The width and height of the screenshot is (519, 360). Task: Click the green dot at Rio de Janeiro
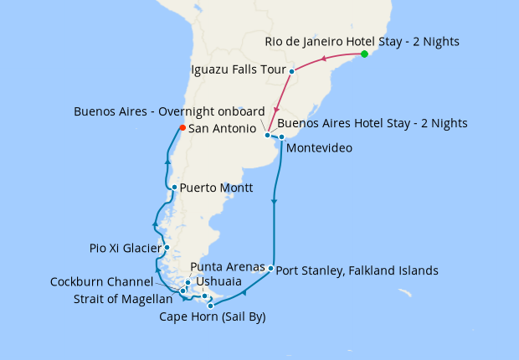pyautogui.click(x=364, y=54)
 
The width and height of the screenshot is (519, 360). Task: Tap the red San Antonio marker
pyautogui.click(x=182, y=128)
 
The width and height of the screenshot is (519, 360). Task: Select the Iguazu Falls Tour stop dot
pyautogui.click(x=291, y=71)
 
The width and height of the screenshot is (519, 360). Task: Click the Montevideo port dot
pyautogui.click(x=282, y=136)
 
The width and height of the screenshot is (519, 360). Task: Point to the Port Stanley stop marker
pyautogui.click(x=271, y=269)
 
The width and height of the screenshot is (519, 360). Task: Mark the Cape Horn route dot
pyautogui.click(x=210, y=306)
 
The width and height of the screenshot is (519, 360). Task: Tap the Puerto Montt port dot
pyautogui.click(x=173, y=188)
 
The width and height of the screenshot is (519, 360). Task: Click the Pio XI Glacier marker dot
pyautogui.click(x=167, y=248)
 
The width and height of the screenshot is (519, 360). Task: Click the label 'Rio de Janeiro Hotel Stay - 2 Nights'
pyautogui.click(x=362, y=41)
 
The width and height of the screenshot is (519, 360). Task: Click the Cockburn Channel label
pyautogui.click(x=100, y=281)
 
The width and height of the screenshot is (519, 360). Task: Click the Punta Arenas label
pyautogui.click(x=229, y=266)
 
